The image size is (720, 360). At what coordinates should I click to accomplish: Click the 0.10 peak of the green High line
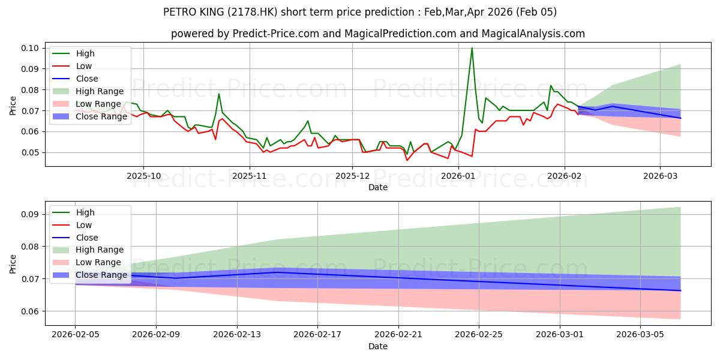click(472, 48)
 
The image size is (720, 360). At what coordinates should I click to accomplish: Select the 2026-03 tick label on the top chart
click(660, 176)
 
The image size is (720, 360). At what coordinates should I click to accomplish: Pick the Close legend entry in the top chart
click(86, 79)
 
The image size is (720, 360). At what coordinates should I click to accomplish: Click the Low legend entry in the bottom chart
click(83, 225)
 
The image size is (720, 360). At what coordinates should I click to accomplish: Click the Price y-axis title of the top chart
click(13, 106)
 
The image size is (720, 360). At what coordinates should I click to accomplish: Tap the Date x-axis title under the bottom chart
click(378, 346)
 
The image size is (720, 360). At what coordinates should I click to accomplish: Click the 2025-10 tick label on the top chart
click(143, 176)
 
